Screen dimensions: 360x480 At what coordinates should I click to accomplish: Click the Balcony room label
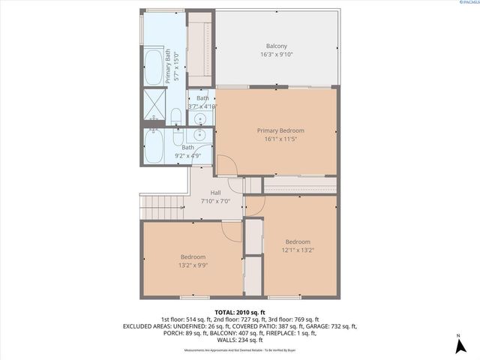(x=276, y=46)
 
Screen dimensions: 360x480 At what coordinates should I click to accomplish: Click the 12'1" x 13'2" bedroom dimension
(x=297, y=250)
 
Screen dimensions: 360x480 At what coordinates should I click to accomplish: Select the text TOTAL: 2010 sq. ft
(x=239, y=312)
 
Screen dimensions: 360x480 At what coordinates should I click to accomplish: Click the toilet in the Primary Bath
(x=175, y=116)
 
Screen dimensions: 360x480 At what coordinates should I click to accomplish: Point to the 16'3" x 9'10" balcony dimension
(x=276, y=55)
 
